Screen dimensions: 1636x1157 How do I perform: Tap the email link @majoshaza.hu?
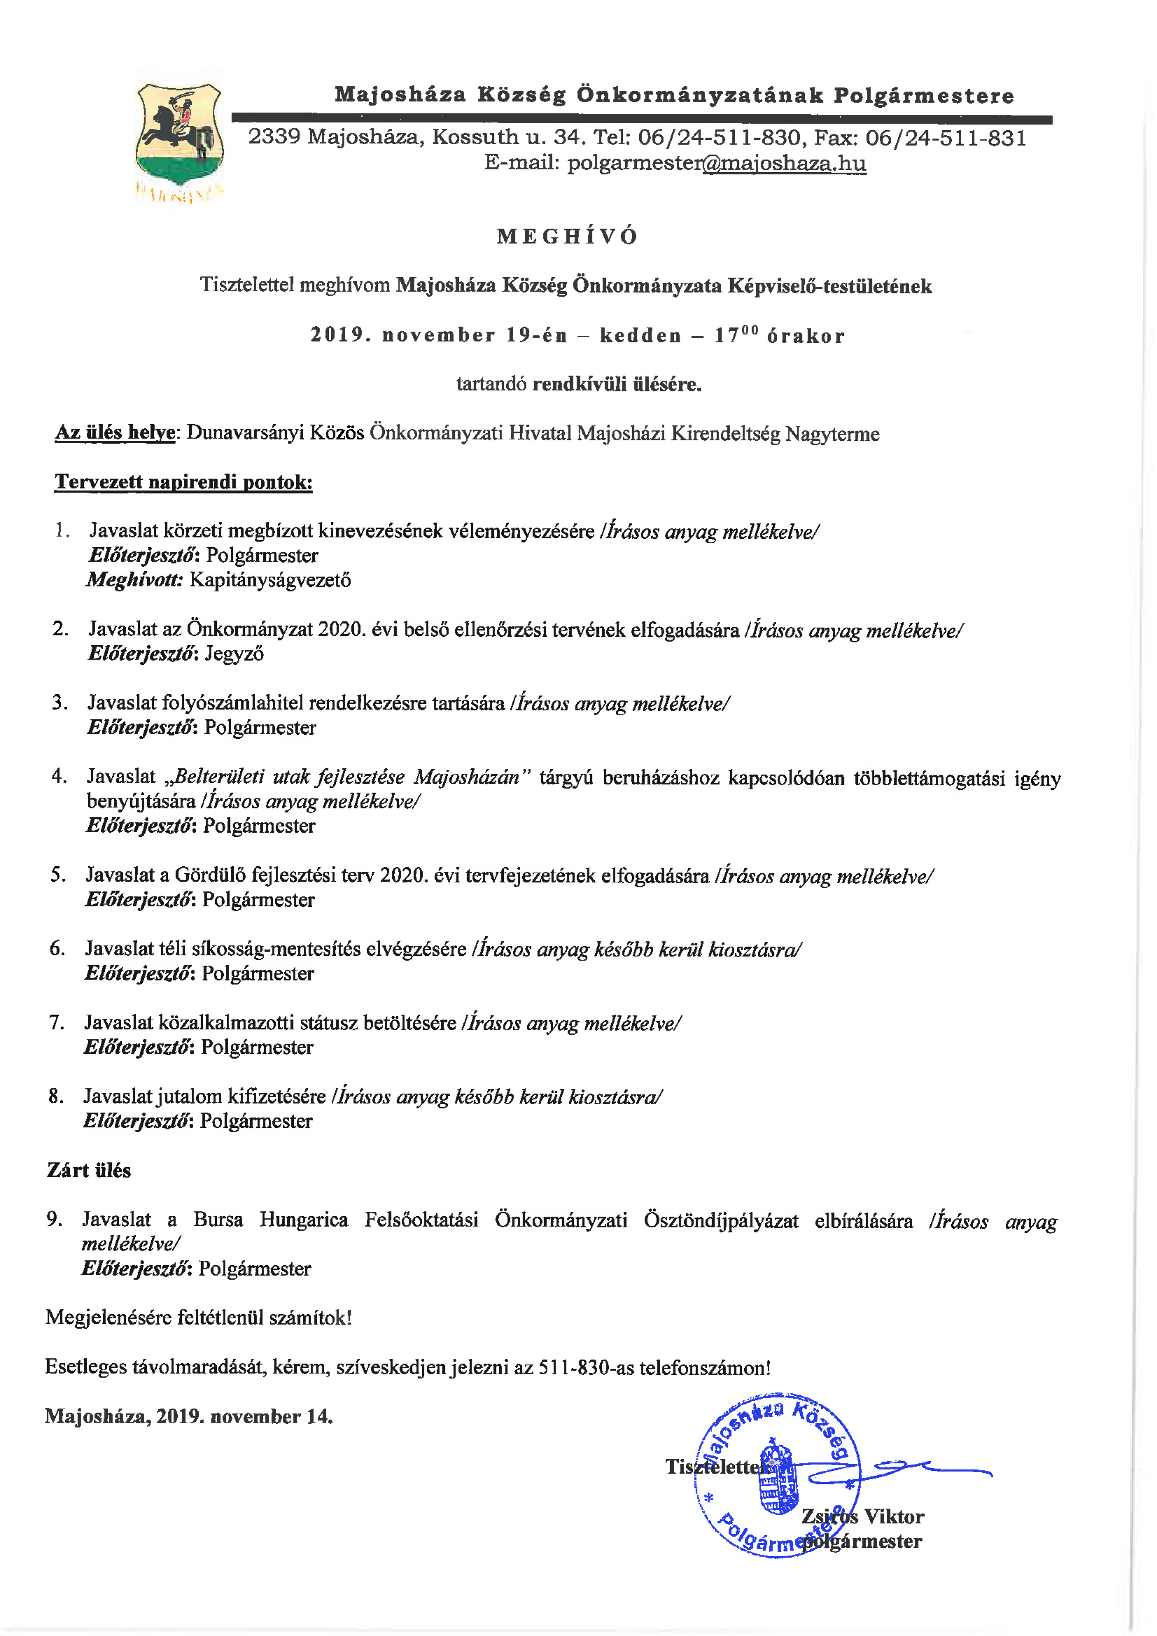click(784, 163)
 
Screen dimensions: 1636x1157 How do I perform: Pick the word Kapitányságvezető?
click(270, 580)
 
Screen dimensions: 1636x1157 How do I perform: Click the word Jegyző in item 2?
click(234, 654)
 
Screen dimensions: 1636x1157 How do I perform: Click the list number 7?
click(56, 1023)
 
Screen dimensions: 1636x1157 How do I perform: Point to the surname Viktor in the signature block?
click(893, 1516)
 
